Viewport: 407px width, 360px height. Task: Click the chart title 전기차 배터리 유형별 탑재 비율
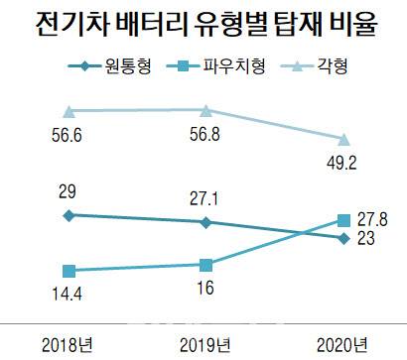click(203, 22)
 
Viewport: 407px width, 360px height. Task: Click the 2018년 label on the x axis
click(67, 343)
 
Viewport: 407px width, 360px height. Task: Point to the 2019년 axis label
click(205, 343)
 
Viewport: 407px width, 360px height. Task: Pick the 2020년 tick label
click(343, 343)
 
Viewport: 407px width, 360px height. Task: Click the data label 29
click(68, 188)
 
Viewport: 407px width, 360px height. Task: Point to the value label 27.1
click(205, 197)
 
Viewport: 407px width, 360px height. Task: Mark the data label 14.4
click(68, 293)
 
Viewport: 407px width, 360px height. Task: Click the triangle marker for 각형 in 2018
click(68, 110)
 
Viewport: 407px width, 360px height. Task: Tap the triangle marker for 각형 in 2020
click(343, 139)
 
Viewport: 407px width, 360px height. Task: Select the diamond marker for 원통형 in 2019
click(205, 222)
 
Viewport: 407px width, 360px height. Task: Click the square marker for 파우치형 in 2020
click(343, 219)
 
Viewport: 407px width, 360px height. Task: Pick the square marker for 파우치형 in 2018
click(68, 270)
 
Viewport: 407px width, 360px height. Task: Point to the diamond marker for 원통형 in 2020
click(343, 238)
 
